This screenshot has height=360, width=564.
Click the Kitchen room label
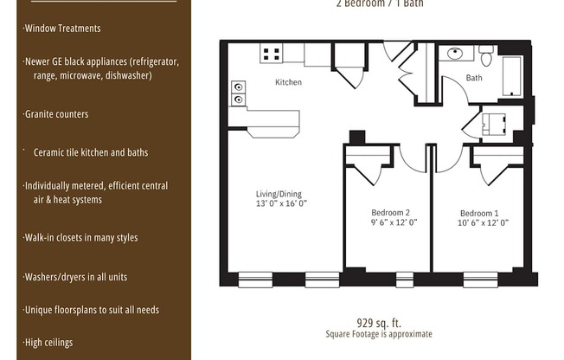288,82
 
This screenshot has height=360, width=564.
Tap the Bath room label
474,78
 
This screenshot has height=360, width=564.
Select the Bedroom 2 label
391,212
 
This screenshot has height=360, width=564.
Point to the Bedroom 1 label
479,213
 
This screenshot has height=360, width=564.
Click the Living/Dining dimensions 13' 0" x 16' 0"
281,203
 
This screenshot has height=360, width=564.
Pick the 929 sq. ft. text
379,322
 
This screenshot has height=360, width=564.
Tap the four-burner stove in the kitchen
272,54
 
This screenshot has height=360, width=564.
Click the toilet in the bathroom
486,56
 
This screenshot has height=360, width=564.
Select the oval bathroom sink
455,54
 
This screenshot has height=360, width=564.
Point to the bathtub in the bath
512,76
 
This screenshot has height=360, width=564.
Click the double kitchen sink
238,93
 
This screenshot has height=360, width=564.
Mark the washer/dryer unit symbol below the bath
493,125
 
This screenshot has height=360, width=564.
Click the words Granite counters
56,114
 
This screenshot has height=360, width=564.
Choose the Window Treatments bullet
62,28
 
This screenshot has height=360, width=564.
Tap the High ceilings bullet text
48,343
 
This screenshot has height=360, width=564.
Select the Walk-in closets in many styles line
80,238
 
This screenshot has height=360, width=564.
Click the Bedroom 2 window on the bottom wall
405,280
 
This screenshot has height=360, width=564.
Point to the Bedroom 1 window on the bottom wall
481,280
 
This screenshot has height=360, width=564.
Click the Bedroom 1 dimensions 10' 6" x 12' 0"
483,223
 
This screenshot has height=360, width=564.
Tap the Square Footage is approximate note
379,334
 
